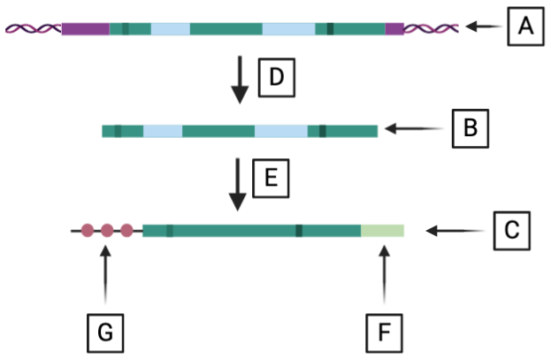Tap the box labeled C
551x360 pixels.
pos(510,231)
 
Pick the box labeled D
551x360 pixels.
pos(275,79)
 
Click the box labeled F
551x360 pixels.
pos(384,333)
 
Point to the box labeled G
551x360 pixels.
pos(105,333)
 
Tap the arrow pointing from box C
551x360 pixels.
pos(455,232)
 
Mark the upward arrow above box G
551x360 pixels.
pos(106,280)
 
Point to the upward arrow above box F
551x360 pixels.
pos(384,280)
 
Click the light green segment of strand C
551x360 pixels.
pos(382,232)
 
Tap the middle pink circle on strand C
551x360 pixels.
pos(107,232)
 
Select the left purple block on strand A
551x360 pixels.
pos(85,28)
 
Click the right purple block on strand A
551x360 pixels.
pos(394,28)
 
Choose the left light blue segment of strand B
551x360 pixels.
pos(163,131)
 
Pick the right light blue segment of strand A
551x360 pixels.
pos(288,28)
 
